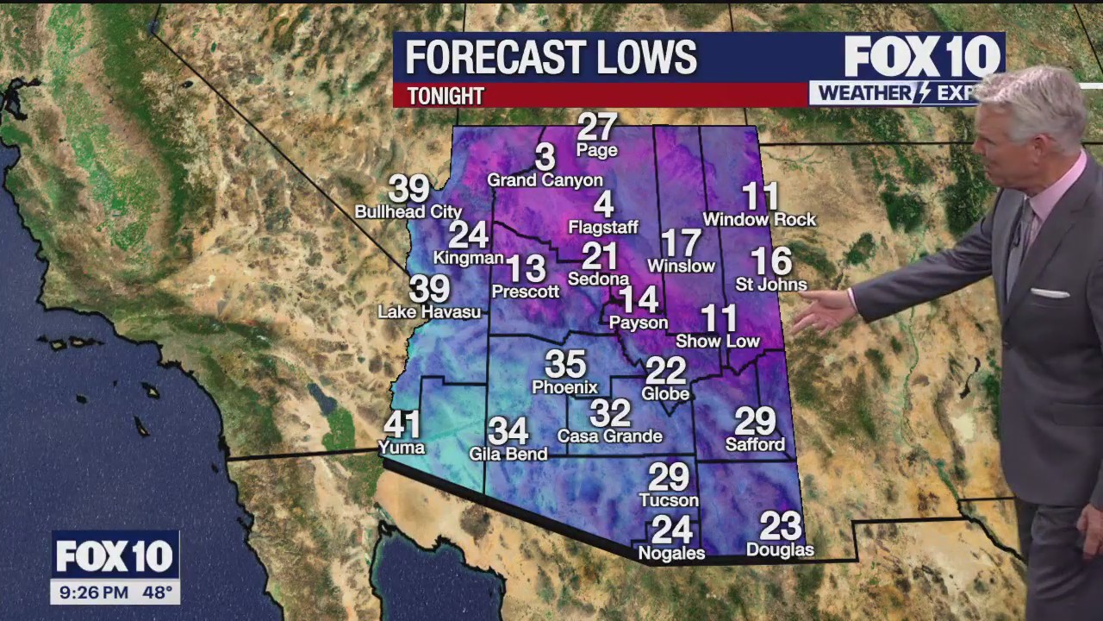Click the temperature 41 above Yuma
pos(402,424)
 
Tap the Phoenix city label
pos(564,387)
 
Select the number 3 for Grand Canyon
pos(545,157)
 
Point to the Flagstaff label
pos(603,228)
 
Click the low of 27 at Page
pos(597,127)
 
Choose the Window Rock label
pos(759,220)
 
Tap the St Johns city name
pos(770,285)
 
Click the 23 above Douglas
pos(780,525)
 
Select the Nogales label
pos(671,554)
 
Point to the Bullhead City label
pos(408,211)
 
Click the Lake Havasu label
pos(429,312)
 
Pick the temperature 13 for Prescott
pos(526,268)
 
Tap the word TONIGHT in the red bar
pos(446,96)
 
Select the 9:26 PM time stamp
pos(92,593)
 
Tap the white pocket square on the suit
pos(1049,293)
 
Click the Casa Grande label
pos(609,436)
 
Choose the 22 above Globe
pos(665,371)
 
